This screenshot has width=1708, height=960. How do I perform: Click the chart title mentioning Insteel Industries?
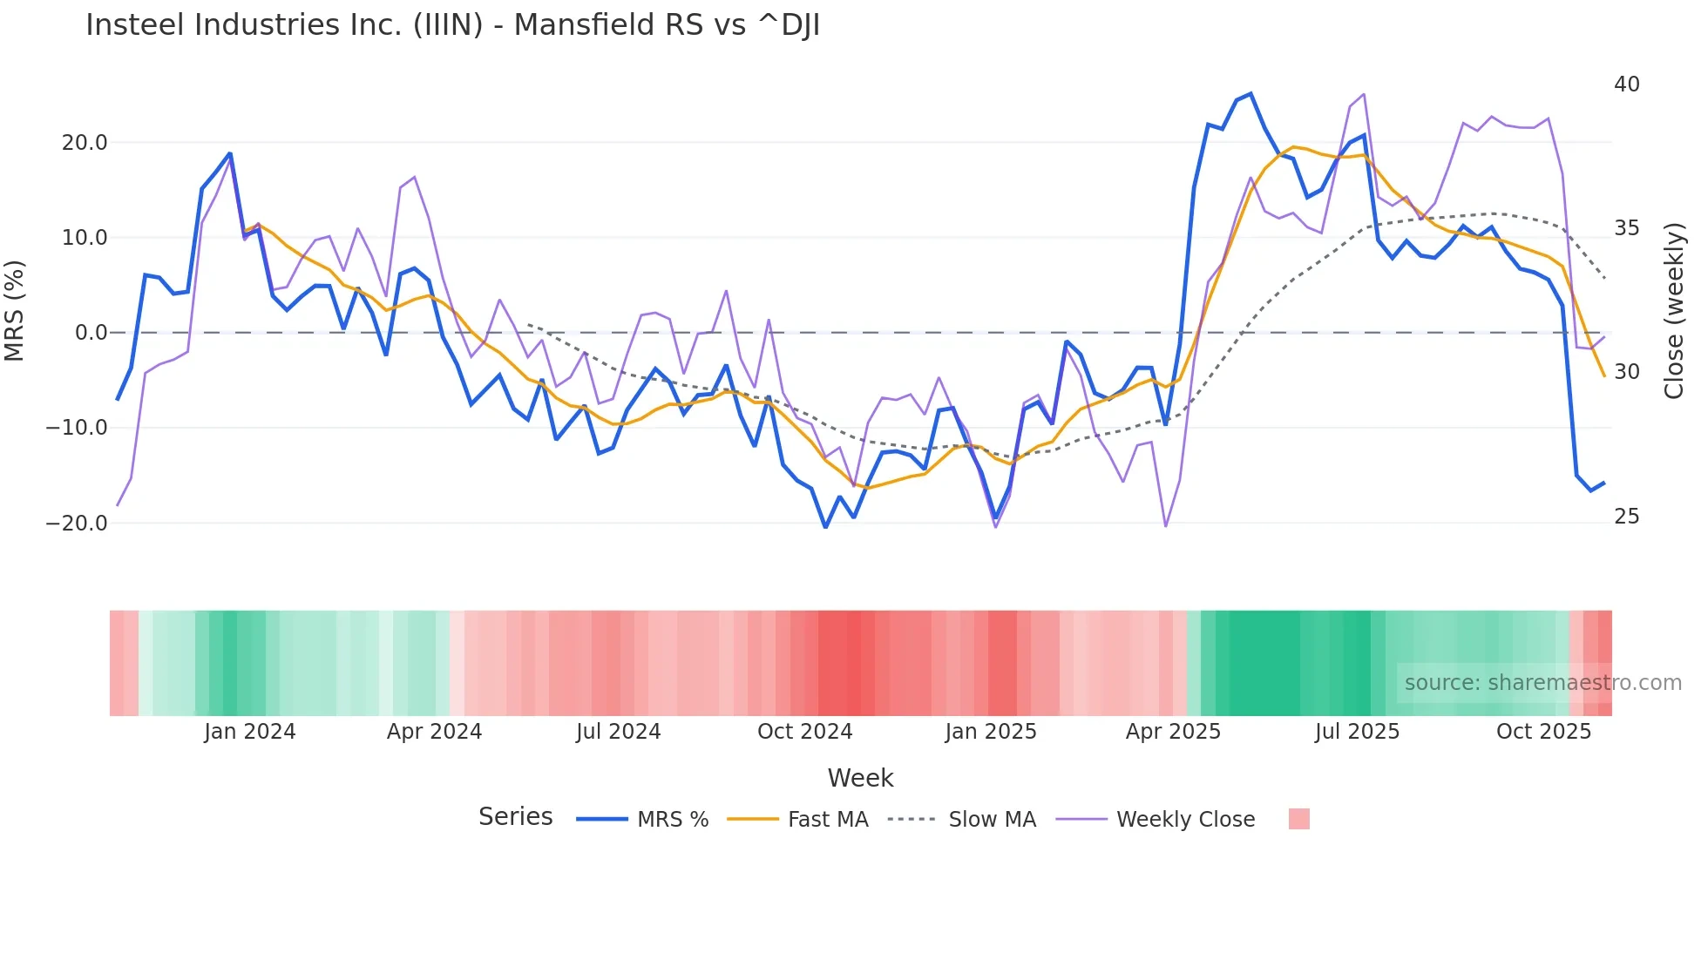coord(452,25)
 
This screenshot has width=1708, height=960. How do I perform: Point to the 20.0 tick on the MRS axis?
coord(85,143)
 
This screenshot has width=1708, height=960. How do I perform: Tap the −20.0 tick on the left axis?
coord(77,524)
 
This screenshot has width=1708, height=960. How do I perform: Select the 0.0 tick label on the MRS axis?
coord(91,333)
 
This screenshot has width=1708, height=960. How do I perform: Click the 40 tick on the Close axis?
coord(1626,85)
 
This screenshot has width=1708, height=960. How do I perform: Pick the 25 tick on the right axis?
coord(1626,517)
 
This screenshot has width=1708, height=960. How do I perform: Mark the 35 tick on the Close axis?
coord(1626,228)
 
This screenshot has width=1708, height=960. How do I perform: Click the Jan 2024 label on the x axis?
coord(250,732)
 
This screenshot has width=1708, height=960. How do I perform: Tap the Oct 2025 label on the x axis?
coord(1543,732)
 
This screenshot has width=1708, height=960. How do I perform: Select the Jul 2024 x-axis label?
coord(618,732)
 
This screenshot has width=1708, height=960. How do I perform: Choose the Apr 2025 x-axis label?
coord(1173,732)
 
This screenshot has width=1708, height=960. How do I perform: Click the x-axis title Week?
coord(860,778)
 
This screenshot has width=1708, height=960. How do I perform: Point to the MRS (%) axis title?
coord(15,311)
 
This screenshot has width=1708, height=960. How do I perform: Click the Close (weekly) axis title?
coord(1673,311)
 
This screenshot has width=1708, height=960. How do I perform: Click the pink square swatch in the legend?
coord(1298,819)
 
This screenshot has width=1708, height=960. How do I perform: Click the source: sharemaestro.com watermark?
coord(1542,683)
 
